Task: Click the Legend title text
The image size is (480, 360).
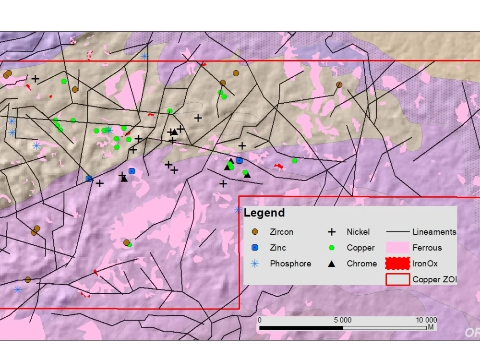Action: [264, 213]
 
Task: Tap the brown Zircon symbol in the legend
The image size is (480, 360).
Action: [255, 232]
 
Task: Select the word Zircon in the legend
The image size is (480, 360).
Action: [282, 232]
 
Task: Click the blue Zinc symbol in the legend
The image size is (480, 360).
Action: [255, 248]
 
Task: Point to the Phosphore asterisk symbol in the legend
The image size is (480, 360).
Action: [255, 264]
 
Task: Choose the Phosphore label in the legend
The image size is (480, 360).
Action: [290, 264]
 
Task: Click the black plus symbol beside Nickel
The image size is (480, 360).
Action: [332, 232]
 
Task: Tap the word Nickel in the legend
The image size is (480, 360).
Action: [358, 232]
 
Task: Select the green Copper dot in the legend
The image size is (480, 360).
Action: [332, 248]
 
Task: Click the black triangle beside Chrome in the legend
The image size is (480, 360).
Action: [332, 264]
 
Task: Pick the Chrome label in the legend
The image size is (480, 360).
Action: [361, 264]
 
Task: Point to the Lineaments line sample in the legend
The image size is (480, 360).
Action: [398, 232]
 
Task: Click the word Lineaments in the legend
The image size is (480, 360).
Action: [434, 232]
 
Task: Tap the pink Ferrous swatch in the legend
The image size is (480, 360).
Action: [398, 248]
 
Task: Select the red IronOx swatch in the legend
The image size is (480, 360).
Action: [398, 264]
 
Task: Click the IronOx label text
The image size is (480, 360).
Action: [425, 264]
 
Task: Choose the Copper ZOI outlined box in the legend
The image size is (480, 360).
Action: [398, 279]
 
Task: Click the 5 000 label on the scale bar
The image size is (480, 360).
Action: [342, 320]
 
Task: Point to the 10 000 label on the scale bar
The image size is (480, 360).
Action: [426, 320]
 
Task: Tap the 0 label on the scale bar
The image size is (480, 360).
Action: [260, 320]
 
